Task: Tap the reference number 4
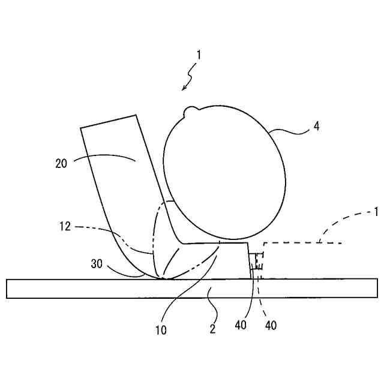pyautogui.click(x=316, y=127)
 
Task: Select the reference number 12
pyautogui.click(x=65, y=227)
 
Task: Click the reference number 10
pyautogui.click(x=160, y=329)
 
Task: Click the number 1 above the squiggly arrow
pyautogui.click(x=199, y=55)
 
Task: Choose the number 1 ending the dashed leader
pyautogui.click(x=376, y=211)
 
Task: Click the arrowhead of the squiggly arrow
pyautogui.click(x=185, y=89)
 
